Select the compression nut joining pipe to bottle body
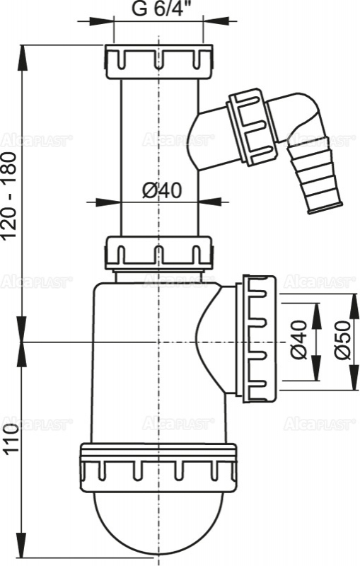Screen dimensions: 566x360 pos(158,253)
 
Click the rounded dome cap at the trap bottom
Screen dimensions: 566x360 pos(158,520)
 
